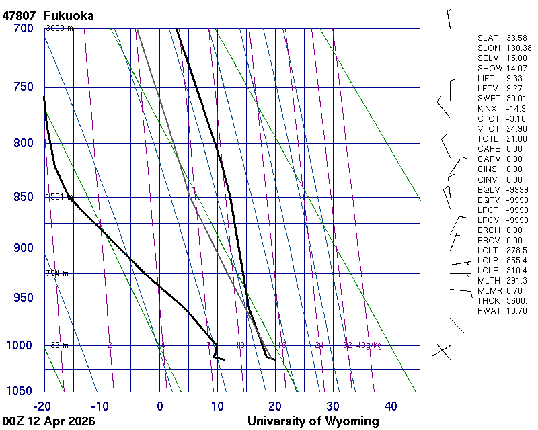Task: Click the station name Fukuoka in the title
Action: (68, 15)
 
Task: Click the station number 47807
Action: (19, 15)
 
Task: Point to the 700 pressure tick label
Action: (23, 28)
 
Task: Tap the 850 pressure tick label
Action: (23, 197)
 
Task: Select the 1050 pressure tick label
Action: (20, 392)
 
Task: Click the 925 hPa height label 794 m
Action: (57, 273)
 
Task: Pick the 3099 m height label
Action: (59, 28)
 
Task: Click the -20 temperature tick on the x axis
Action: (42, 406)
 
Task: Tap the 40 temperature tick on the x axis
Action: (391, 406)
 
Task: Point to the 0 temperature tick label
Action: (160, 406)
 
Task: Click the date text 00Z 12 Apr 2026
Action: (48, 421)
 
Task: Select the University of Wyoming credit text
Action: (313, 421)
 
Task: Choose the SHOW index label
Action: (490, 69)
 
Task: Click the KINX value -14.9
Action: (516, 109)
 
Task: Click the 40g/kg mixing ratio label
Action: (370, 345)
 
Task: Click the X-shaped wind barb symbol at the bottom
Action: (441, 350)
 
